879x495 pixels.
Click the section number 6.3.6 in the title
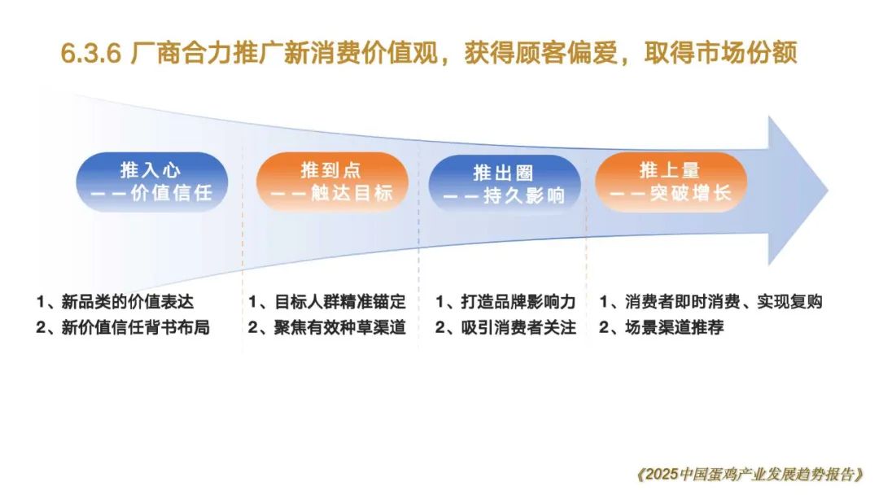[91, 54]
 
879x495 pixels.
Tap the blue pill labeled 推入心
[152, 182]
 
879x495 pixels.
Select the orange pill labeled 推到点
[332, 182]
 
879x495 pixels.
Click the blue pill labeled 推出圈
[504, 184]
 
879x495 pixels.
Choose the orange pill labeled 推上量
[671, 182]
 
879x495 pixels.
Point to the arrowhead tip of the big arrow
[828, 191]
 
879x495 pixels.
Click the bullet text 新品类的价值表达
[127, 301]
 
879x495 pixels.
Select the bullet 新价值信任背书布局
[135, 326]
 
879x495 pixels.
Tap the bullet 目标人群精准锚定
[339, 301]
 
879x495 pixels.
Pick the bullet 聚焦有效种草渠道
[339, 326]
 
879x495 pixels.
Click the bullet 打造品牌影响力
[518, 301]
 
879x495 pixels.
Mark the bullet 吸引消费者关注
[518, 326]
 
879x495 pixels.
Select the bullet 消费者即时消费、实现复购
[724, 301]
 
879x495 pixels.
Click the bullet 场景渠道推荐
[675, 326]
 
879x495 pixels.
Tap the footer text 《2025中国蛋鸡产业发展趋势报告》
[750, 475]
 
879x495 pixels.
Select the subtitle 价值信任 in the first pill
[172, 194]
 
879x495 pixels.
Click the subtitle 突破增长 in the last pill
[691, 194]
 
